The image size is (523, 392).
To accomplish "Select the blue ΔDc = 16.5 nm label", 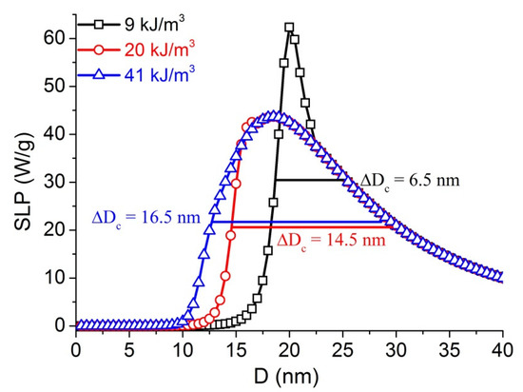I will pyautogui.click(x=145, y=217).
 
